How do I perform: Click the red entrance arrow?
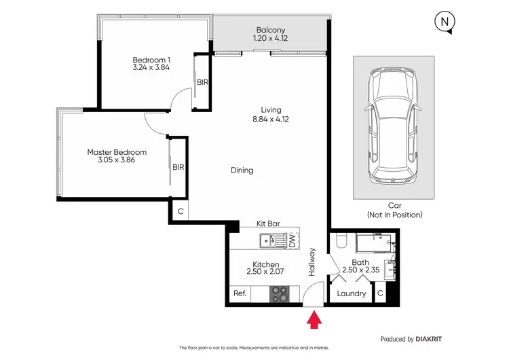click(x=314, y=319)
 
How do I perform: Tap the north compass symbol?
click(x=444, y=22)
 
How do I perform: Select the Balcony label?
click(x=270, y=29)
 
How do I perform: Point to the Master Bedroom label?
click(x=117, y=152)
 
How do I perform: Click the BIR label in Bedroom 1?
click(x=202, y=82)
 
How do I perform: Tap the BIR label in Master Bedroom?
click(x=178, y=166)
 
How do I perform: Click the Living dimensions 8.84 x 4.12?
click(x=271, y=120)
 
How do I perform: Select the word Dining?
click(x=242, y=170)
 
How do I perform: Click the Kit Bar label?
click(x=269, y=223)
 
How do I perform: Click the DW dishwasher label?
click(x=293, y=240)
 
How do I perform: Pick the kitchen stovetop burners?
click(x=280, y=294)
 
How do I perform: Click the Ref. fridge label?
click(x=240, y=294)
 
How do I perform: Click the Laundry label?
click(x=352, y=294)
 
